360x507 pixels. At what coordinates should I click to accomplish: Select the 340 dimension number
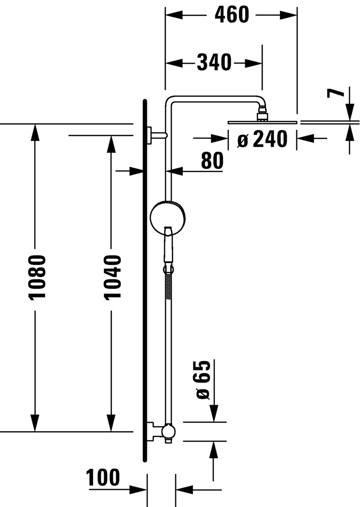click(214, 62)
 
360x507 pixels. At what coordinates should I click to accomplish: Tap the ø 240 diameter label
click(263, 139)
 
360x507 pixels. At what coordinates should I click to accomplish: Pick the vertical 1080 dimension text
click(36, 277)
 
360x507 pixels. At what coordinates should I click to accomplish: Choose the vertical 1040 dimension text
click(112, 277)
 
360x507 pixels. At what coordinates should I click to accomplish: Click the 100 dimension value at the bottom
click(103, 478)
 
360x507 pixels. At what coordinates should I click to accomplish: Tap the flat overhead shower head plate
click(262, 123)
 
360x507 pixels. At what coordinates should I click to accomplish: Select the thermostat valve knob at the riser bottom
click(168, 431)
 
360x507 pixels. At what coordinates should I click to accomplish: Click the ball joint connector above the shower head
click(263, 115)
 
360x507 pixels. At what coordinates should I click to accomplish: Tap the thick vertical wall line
click(145, 280)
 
